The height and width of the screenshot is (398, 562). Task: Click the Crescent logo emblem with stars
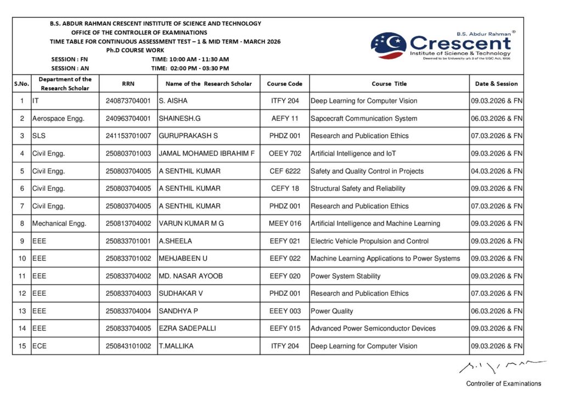click(389, 46)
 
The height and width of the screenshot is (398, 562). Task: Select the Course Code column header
click(284, 84)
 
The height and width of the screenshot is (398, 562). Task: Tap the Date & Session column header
click(496, 84)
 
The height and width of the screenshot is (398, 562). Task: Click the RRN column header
click(128, 84)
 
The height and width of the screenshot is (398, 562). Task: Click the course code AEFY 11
click(285, 119)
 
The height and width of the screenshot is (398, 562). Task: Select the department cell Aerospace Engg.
click(58, 119)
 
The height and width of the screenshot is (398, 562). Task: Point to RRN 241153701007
click(128, 136)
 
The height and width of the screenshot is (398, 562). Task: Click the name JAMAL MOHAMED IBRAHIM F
click(206, 153)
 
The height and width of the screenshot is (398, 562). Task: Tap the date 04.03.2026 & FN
click(496, 171)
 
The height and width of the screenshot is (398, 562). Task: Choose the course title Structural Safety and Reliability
click(358, 189)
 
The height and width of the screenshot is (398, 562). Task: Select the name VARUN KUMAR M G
click(191, 224)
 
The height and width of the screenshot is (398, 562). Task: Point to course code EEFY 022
click(285, 258)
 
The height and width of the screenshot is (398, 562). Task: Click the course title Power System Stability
click(345, 276)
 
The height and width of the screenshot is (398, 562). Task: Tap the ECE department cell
click(40, 346)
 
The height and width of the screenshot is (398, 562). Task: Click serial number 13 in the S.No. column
click(22, 311)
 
